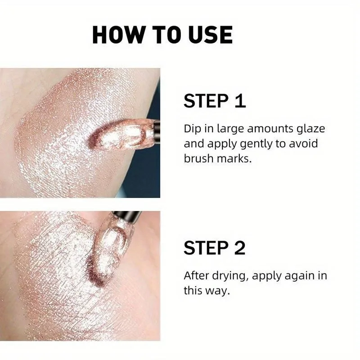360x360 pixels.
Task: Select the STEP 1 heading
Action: (x=215, y=101)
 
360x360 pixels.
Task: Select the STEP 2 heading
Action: (x=215, y=247)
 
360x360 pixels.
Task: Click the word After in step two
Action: (x=197, y=275)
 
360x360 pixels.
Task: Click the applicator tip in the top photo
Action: (x=121, y=135)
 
